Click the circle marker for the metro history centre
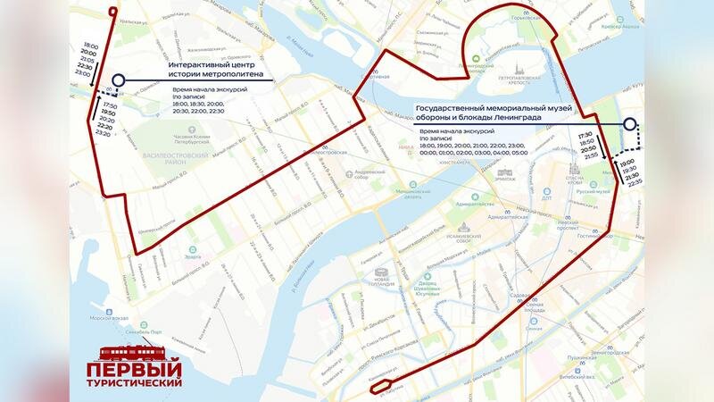pos(119,80)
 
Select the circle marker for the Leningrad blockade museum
pos(629,125)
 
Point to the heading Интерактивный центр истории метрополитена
pos(211,72)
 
